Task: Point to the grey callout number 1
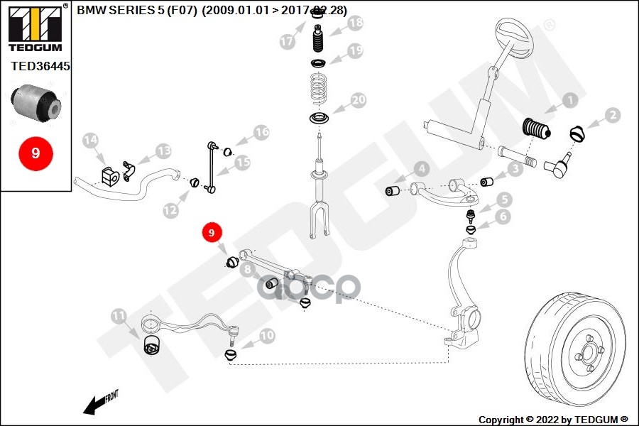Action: [568, 101]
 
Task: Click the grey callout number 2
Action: [611, 115]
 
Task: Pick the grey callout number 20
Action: [358, 101]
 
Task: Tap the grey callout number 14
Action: [90, 141]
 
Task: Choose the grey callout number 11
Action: [119, 315]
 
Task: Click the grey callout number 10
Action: [267, 335]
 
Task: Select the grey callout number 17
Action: [287, 42]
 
